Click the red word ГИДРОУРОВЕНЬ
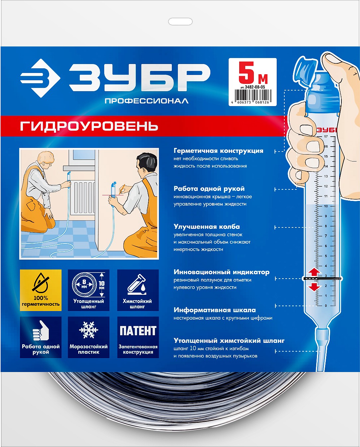click(89, 126)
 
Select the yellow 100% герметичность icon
click(41, 290)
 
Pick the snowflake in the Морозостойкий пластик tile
click(89, 330)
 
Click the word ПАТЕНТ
click(138, 331)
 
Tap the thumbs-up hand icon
click(40, 330)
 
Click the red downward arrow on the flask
click(314, 287)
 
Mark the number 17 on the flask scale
click(326, 137)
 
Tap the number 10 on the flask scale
click(326, 206)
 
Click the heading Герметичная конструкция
click(218, 151)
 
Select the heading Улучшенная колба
click(206, 227)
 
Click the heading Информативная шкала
click(215, 310)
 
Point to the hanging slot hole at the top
click(180, 22)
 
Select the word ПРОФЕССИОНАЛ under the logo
click(147, 101)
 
